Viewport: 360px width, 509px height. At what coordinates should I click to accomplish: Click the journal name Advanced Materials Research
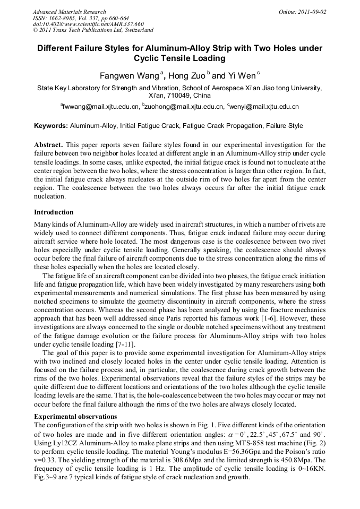pyautogui.click(x=69, y=12)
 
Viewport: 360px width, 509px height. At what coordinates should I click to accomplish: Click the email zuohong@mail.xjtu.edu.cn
pyautogui.click(x=184, y=107)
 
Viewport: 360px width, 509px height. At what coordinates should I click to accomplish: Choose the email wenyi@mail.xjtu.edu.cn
pyautogui.click(x=264, y=107)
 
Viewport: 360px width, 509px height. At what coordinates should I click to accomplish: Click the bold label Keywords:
pyautogui.click(x=51, y=126)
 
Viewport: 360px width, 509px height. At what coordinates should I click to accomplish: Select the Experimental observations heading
pyautogui.click(x=75, y=416)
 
